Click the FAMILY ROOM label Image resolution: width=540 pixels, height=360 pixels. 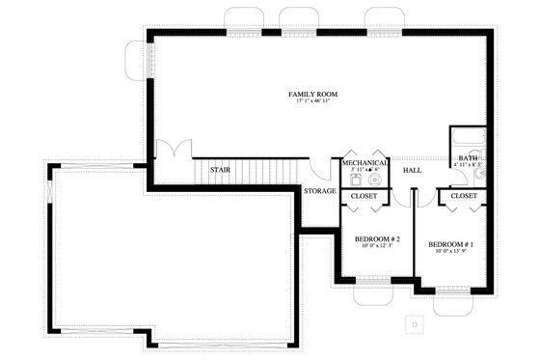click(313, 94)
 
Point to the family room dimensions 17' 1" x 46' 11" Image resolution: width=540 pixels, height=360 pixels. click(313, 101)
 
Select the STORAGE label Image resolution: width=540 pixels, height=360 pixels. click(320, 191)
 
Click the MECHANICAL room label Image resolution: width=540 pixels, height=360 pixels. click(364, 163)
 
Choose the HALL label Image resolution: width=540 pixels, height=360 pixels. click(412, 170)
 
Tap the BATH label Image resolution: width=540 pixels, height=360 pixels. click(468, 158)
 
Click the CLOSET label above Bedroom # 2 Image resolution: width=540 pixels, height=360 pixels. click(364, 196)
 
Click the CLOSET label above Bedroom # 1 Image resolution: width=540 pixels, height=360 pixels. click(464, 196)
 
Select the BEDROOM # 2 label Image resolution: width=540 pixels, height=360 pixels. click(377, 238)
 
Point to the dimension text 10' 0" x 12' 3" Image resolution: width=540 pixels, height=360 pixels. click(377, 246)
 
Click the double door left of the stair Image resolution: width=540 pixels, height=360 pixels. click(172, 152)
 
